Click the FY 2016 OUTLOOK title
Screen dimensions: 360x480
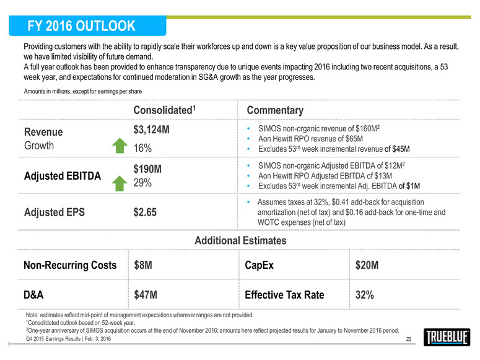(x=82, y=25)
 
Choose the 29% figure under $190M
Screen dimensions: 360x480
(x=144, y=183)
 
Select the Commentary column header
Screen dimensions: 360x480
(x=275, y=110)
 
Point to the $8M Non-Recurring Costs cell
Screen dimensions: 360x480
(x=144, y=265)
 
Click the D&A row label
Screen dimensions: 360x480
(x=36, y=295)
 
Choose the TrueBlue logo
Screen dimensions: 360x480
(x=448, y=338)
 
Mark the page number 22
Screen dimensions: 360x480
(x=408, y=338)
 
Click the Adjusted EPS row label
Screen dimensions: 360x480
(x=55, y=213)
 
